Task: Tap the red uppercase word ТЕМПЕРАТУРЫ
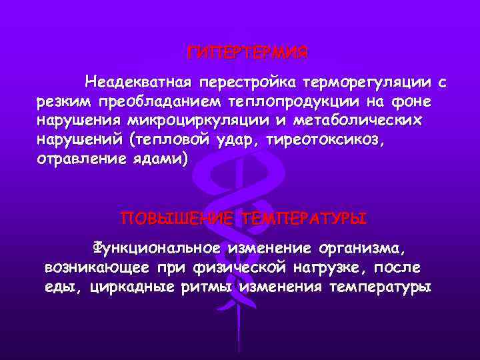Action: (305, 219)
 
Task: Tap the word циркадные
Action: (131, 287)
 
